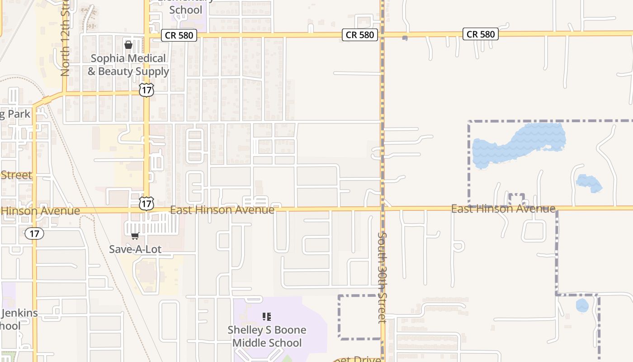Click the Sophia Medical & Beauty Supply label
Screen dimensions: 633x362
pyautogui.click(x=128, y=65)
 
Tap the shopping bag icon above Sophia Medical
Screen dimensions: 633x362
pyautogui.click(x=128, y=44)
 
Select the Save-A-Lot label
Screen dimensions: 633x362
pyautogui.click(x=135, y=249)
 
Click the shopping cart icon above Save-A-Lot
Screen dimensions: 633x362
pyautogui.click(x=135, y=236)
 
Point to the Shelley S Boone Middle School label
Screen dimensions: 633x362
pyautogui.click(x=266, y=336)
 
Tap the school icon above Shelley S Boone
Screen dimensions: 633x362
pyautogui.click(x=267, y=317)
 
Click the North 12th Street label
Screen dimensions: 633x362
pyautogui.click(x=65, y=41)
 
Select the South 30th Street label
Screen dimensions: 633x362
pyautogui.click(x=382, y=277)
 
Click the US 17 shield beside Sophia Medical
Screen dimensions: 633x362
pyautogui.click(x=146, y=90)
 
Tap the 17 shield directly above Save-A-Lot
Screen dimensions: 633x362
pyautogui.click(x=146, y=204)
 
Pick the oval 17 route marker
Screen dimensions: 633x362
pyautogui.click(x=34, y=233)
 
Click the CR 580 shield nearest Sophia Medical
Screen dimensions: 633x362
pyautogui.click(x=179, y=35)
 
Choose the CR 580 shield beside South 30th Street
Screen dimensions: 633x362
pyautogui.click(x=360, y=34)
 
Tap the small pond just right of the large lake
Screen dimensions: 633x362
pyautogui.click(x=589, y=183)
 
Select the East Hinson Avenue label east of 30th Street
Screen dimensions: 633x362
pyautogui.click(x=503, y=209)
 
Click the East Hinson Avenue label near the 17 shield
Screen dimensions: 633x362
pyautogui.click(x=222, y=210)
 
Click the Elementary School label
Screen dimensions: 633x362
pyautogui.click(x=186, y=9)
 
